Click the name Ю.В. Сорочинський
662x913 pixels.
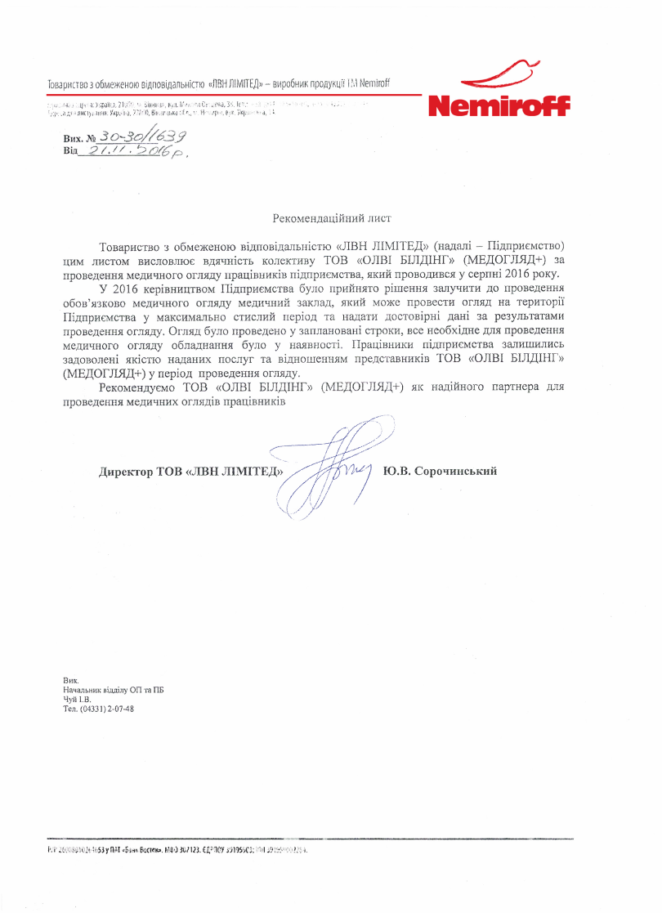(x=441, y=472)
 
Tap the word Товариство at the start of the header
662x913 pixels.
(x=70, y=83)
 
